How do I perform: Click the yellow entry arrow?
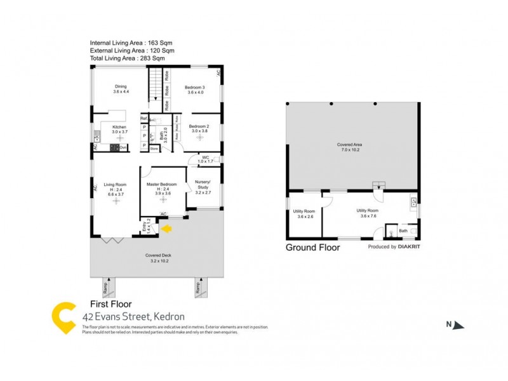(168, 228)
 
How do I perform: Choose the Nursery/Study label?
(203, 184)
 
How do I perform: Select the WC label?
(205, 157)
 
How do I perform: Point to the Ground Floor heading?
(312, 248)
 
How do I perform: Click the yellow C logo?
(63, 316)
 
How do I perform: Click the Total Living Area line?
(128, 58)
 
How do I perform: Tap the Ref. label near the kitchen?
(144, 119)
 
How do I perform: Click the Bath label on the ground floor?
(403, 231)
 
